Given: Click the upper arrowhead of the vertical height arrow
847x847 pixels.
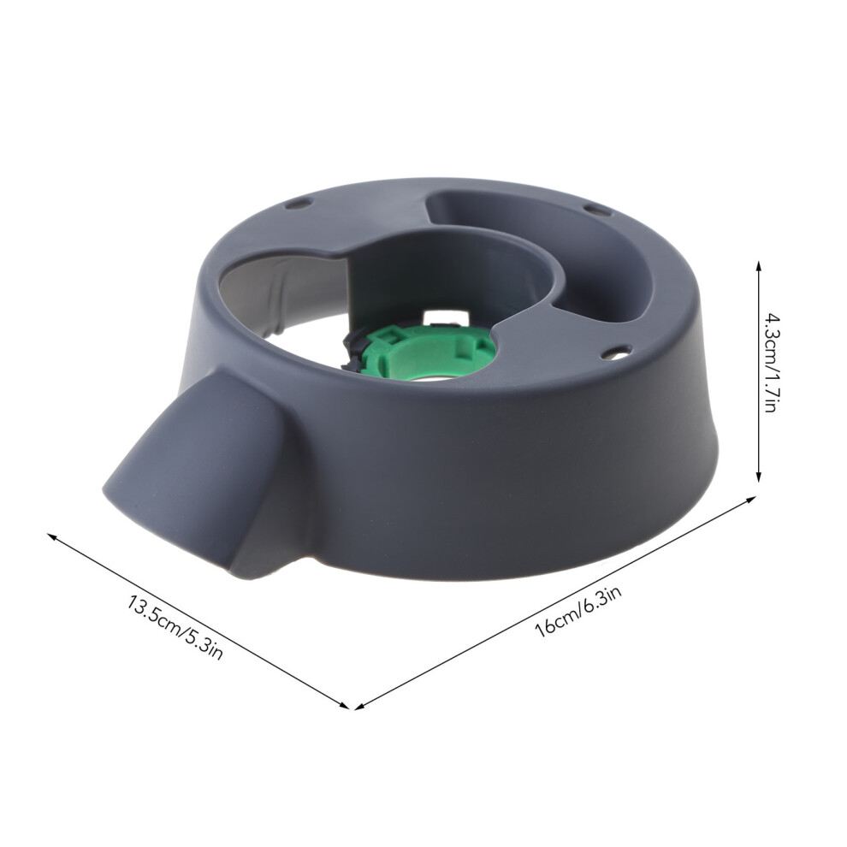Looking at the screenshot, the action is click(x=758, y=266).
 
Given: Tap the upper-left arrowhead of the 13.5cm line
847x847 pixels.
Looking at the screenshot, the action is click(x=52, y=536).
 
